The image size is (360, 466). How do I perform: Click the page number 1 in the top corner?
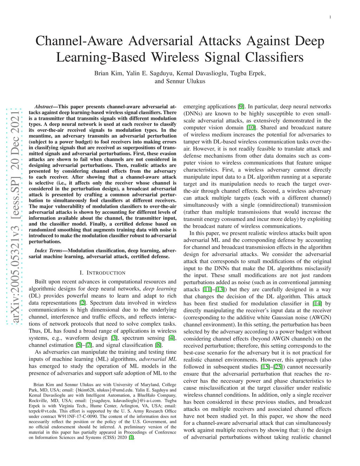click(330, 17)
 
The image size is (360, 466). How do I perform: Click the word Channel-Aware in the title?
click(79, 41)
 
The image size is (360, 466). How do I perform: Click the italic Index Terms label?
click(48, 251)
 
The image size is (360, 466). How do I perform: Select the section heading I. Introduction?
click(102, 273)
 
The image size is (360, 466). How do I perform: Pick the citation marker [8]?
click(159, 345)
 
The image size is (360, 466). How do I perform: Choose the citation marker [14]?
click(317, 304)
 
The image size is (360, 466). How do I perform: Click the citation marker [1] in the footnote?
click(131, 438)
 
